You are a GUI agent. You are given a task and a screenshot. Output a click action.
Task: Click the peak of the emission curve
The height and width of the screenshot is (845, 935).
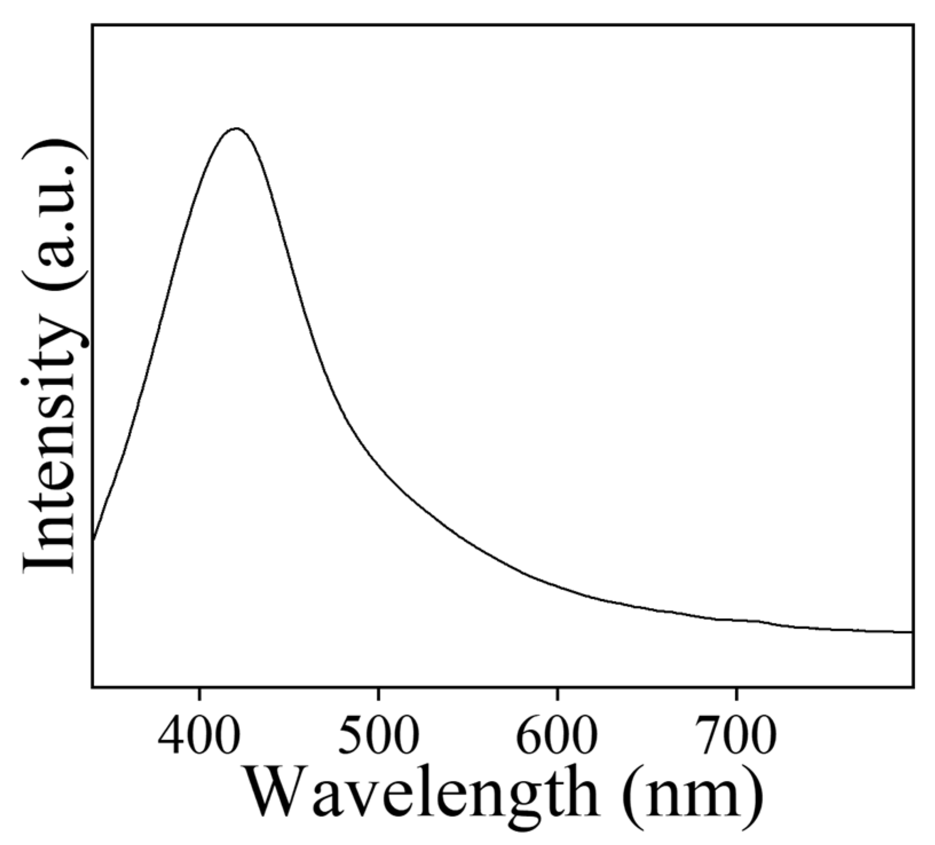[236, 129]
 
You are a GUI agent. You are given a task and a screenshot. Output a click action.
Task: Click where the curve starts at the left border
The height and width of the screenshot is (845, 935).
[93, 538]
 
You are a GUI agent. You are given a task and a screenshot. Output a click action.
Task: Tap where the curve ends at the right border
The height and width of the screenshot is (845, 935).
[911, 632]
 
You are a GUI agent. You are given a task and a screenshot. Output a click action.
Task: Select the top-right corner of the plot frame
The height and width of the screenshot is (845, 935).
[912, 25]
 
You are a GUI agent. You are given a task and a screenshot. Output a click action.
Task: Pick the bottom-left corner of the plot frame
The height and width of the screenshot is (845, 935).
[93, 686]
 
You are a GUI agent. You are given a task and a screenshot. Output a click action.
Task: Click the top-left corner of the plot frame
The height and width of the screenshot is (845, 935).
[93, 25]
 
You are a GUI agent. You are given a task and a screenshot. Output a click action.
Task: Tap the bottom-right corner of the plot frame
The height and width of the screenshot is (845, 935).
[912, 686]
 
